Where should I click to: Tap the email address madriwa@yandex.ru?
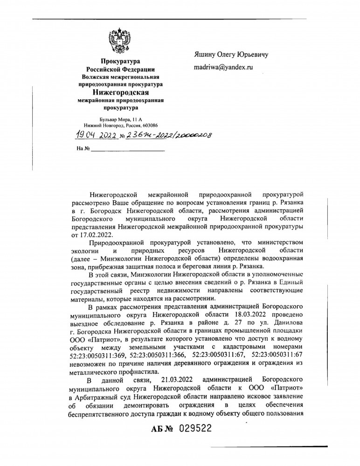(x=223, y=68)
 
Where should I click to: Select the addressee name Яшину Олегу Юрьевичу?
(x=231, y=54)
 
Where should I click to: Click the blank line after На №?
(x=127, y=149)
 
